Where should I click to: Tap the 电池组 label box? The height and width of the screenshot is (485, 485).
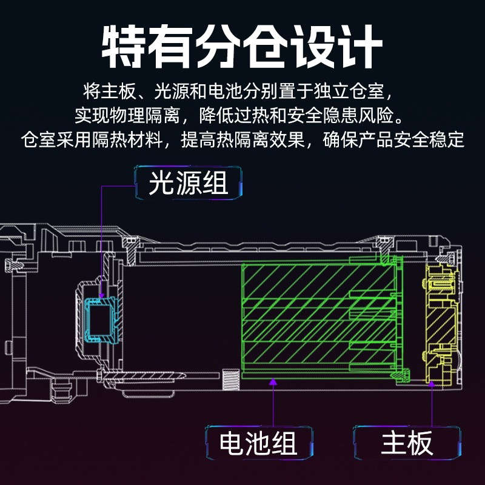[x=259, y=442]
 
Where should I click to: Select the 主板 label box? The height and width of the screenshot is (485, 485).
[x=406, y=442]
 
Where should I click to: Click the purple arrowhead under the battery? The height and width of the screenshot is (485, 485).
[x=273, y=382]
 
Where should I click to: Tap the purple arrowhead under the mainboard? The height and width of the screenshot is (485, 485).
[x=432, y=383]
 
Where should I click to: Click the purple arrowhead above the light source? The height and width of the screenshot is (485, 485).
[x=101, y=295]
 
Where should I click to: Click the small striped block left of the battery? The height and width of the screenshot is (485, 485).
[x=231, y=379]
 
